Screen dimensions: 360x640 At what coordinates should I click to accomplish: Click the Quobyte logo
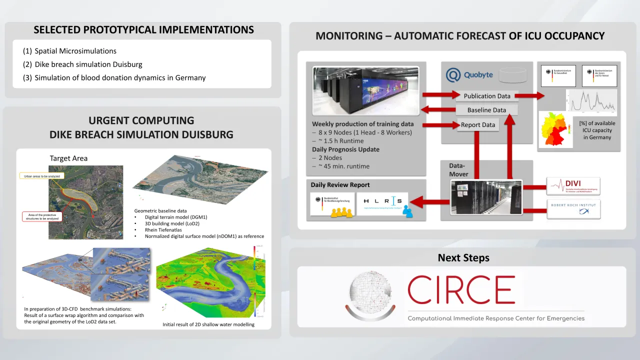coord(469,75)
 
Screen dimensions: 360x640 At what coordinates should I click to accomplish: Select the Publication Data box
coord(487,96)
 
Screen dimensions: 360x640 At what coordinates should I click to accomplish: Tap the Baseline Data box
coord(486,110)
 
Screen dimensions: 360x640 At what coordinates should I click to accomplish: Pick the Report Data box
coord(478,125)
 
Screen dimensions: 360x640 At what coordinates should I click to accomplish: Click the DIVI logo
coord(573,186)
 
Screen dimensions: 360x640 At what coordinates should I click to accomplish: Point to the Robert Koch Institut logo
coord(573,209)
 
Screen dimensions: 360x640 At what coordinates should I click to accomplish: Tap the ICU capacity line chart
coord(591,102)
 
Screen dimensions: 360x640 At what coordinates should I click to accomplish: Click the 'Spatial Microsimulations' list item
coord(75,51)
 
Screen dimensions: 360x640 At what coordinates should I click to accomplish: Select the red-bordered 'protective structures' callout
coord(42,216)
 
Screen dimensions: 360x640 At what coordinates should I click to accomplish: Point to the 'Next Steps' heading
coord(463,258)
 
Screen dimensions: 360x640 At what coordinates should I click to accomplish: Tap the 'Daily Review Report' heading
coord(340,185)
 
